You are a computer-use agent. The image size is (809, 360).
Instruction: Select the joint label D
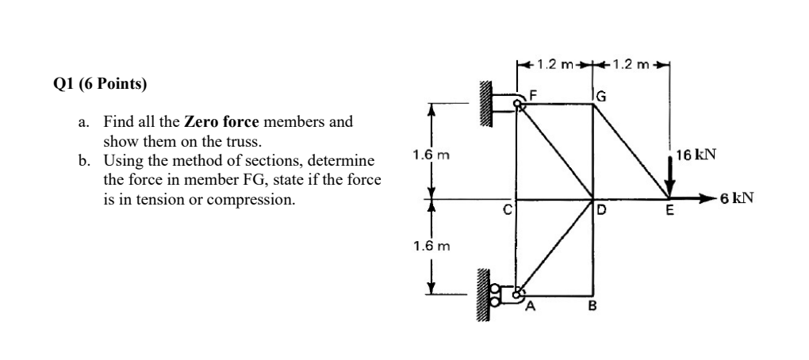pyautogui.click(x=602, y=211)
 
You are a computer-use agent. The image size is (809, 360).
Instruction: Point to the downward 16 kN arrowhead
pyautogui.click(x=670, y=190)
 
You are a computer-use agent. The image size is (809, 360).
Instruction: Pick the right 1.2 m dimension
pyautogui.click(x=631, y=63)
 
